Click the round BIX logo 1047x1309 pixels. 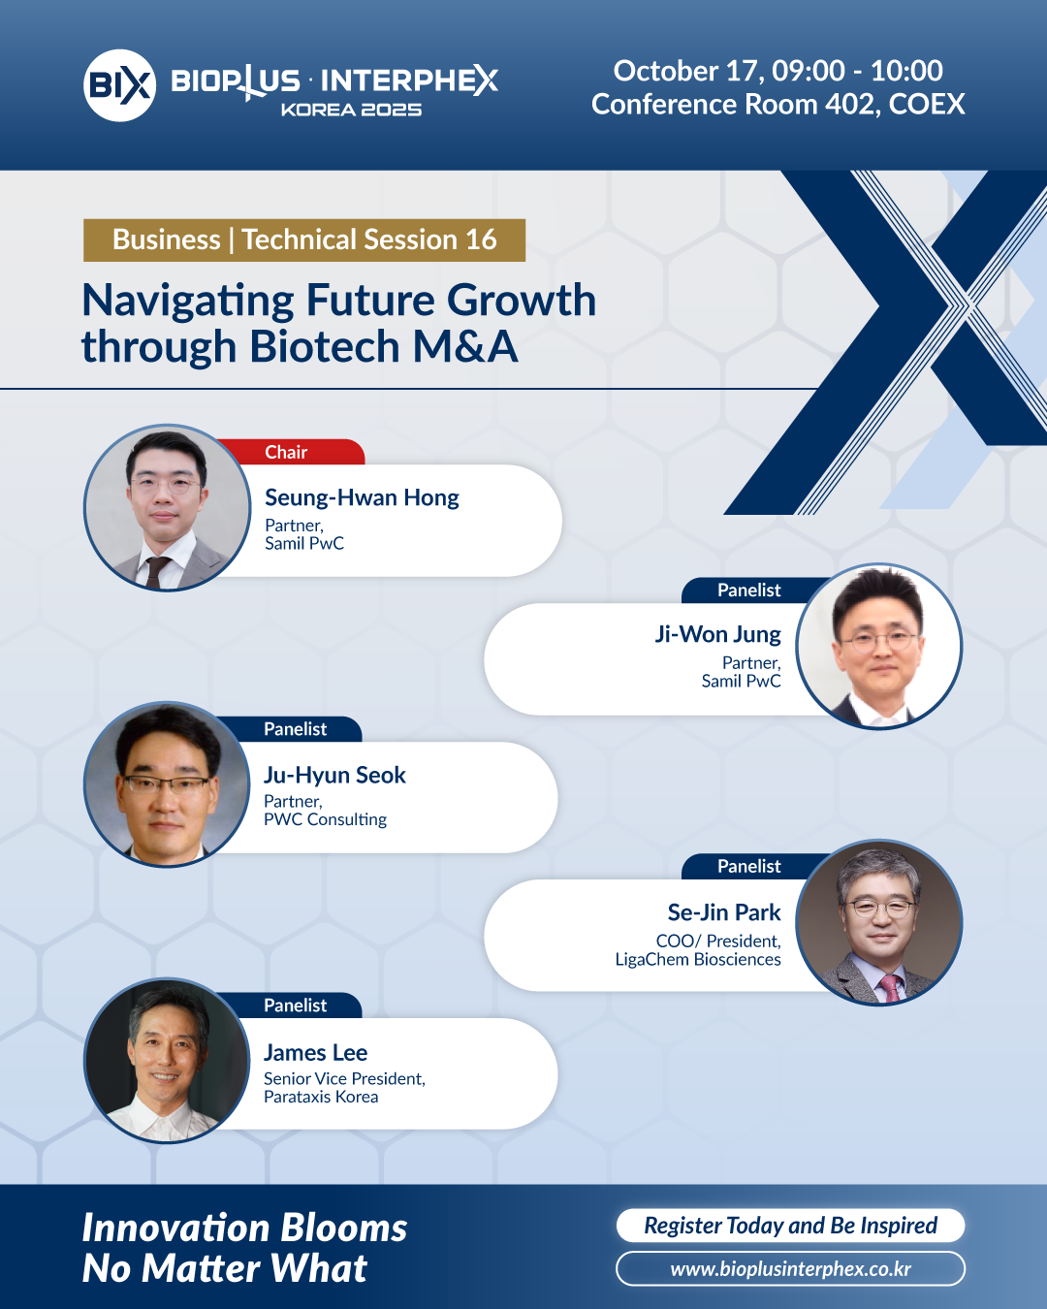pyautogui.click(x=119, y=85)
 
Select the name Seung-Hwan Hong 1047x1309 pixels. pyautogui.click(x=362, y=498)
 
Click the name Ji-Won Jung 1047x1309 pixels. pyautogui.click(x=717, y=634)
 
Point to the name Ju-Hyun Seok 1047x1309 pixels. pyautogui.click(x=334, y=776)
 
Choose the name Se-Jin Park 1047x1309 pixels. pyautogui.click(x=724, y=912)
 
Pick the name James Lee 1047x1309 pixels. pyautogui.click(x=315, y=1052)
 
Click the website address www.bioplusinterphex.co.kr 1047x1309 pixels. pyautogui.click(x=790, y=1269)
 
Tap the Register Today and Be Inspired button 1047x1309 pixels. pyautogui.click(x=790, y=1225)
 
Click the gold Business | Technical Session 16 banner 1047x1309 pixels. pyautogui.click(x=304, y=240)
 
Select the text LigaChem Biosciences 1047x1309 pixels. pyautogui.click(x=698, y=959)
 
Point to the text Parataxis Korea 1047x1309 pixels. pyautogui.click(x=321, y=1097)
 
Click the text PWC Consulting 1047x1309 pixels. pyautogui.click(x=325, y=820)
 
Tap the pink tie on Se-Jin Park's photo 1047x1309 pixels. pyautogui.click(x=890, y=987)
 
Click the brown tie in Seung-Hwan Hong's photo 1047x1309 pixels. pyautogui.click(x=156, y=572)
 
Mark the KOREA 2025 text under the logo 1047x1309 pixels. pyautogui.click(x=351, y=110)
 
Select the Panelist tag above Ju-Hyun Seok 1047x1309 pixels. pyautogui.click(x=295, y=729)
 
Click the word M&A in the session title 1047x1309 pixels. pyautogui.click(x=465, y=347)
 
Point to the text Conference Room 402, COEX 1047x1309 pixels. pyautogui.click(x=778, y=105)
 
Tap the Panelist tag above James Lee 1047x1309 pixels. pyautogui.click(x=295, y=1006)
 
